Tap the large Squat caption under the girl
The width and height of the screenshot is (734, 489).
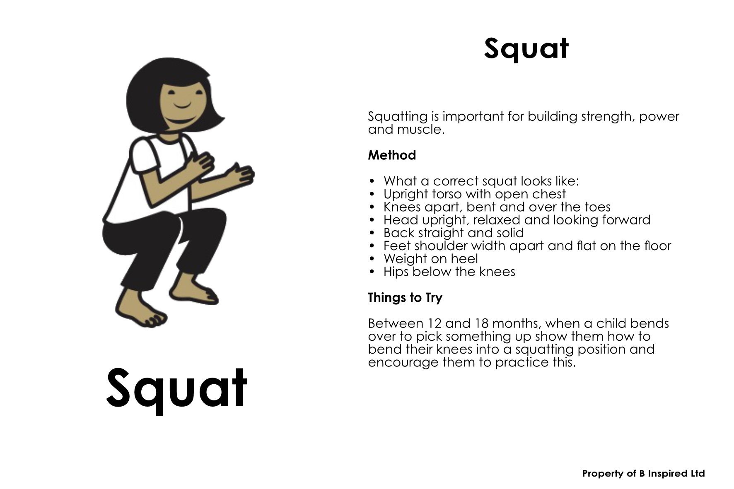pos(177,390)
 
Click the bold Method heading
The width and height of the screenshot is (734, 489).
pos(392,155)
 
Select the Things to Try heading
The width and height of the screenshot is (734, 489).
pos(405,298)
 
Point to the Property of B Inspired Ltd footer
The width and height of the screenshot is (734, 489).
pos(643,473)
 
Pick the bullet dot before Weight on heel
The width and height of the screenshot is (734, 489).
pos(372,259)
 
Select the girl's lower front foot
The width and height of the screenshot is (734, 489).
pos(137,310)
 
